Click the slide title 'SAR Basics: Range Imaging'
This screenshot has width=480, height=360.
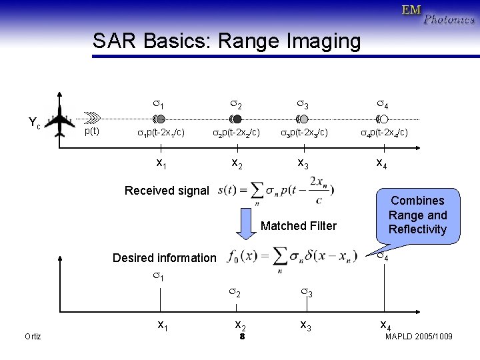point(227,41)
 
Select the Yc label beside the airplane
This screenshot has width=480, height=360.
point(34,122)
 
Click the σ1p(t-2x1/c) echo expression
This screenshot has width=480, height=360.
point(161,133)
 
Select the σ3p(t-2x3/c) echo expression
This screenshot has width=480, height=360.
point(303,133)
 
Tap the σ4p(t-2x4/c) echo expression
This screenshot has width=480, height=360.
point(384,133)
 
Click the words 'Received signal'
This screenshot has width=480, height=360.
point(167,191)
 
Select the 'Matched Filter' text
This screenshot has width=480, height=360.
point(299,226)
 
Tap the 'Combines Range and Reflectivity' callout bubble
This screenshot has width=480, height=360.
point(417,215)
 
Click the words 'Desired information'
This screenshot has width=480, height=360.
point(165,258)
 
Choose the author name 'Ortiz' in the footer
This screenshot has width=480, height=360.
point(32,337)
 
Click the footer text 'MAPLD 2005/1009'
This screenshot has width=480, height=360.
point(419,337)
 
